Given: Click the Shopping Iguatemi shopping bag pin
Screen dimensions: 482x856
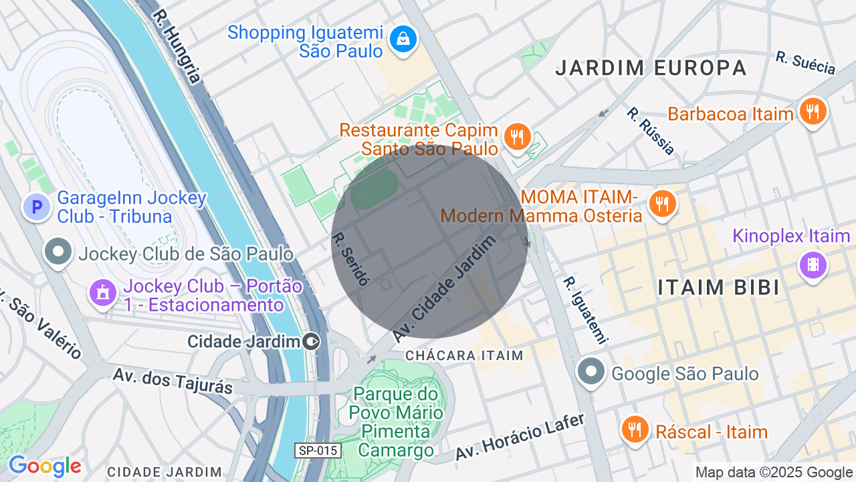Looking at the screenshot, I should (x=403, y=39).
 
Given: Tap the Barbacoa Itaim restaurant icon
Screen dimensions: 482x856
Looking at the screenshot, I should (x=813, y=112).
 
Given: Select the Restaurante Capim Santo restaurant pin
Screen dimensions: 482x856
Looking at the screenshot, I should (x=516, y=137).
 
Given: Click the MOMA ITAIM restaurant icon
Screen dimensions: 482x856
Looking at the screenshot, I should (x=663, y=204).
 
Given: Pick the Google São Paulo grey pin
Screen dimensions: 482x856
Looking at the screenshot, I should (x=591, y=372).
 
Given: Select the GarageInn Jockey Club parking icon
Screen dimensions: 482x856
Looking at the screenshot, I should (x=37, y=207).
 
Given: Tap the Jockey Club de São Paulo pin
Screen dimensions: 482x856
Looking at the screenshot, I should (x=58, y=252).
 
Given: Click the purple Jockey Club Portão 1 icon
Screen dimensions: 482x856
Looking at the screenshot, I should (x=103, y=293).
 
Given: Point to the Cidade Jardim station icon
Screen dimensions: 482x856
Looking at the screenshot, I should (x=311, y=342).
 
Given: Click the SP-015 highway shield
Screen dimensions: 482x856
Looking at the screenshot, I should (x=318, y=451).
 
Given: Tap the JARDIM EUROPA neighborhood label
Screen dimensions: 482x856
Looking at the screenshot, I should (x=651, y=68).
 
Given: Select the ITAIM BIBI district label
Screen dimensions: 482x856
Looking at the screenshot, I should (x=718, y=287).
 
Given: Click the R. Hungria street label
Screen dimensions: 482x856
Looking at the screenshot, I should (x=176, y=46).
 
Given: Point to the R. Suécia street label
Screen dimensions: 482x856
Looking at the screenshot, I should (x=806, y=63).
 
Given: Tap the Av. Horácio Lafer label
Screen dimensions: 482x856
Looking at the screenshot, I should (x=520, y=436).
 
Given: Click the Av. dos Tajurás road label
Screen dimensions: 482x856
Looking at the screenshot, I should (x=172, y=380).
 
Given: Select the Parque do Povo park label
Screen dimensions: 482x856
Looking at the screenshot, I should (x=396, y=422).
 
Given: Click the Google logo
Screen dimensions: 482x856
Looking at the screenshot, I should (x=45, y=466).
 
